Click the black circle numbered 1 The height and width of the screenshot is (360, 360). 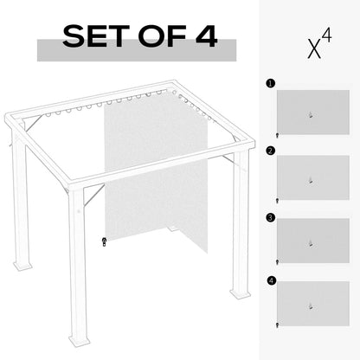coord(270,85)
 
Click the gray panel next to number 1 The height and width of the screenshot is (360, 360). coord(312,112)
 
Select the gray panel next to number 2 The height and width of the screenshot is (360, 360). coord(312,177)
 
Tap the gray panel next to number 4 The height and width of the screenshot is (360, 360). coord(312,303)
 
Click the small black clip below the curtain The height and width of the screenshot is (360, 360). coord(104,241)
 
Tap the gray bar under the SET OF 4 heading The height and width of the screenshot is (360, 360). coord(136,51)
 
